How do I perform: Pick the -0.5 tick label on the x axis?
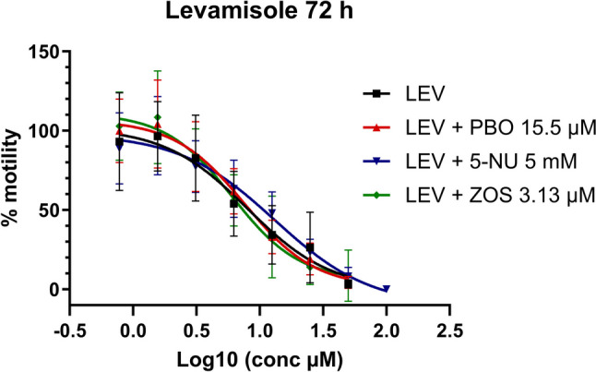click(67, 329)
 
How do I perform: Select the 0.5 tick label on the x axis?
click(196, 329)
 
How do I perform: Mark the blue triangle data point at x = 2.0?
click(387, 289)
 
